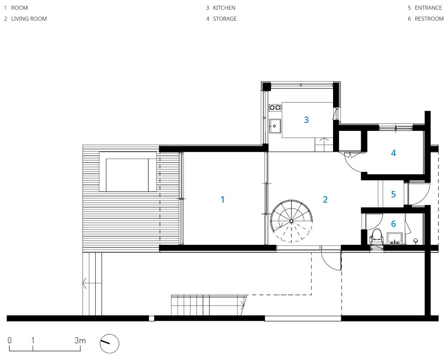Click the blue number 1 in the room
[223, 199]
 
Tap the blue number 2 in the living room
[325, 199]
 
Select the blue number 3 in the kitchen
[306, 120]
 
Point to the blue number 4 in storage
[393, 153]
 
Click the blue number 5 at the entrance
[393, 194]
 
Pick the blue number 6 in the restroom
[393, 224]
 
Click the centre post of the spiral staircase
[291, 221]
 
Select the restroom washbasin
[394, 239]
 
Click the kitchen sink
[275, 126]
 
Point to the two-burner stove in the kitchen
[275, 107]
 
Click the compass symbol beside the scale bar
[110, 343]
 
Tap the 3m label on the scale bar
[80, 340]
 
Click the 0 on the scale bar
[10, 340]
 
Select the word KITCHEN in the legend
[224, 8]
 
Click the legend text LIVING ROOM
[29, 19]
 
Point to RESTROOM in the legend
[429, 19]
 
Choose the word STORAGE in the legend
[225, 19]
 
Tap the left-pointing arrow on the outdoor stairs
[92, 284]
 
